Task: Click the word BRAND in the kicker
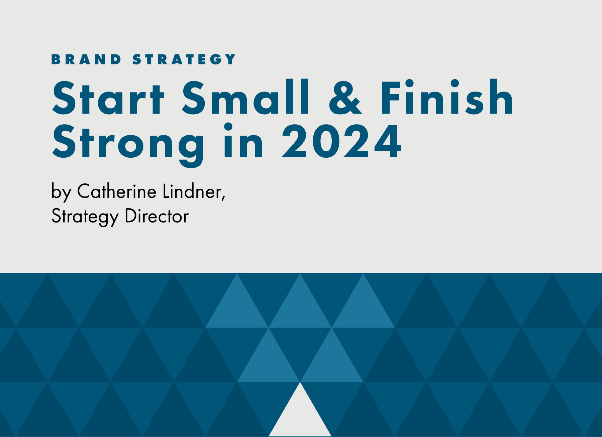point(86,59)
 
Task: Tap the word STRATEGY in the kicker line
point(184,59)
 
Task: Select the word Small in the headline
point(245,97)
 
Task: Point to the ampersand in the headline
point(345,98)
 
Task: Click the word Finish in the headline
point(446,97)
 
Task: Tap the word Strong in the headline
point(128,144)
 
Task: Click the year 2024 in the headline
point(341,141)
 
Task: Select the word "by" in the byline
point(61,192)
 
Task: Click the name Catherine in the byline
point(117,191)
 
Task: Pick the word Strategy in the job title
point(85,217)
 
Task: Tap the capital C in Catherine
point(84,191)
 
